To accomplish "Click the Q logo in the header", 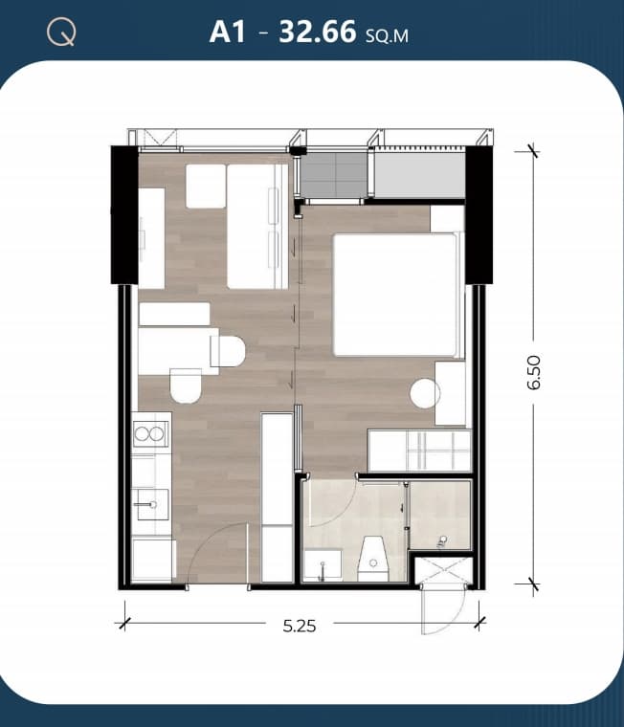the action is click(61, 33).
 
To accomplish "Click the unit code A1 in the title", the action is click(228, 32).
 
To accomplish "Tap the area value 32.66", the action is click(318, 32).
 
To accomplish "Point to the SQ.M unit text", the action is click(387, 35).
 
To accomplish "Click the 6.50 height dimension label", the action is click(534, 372).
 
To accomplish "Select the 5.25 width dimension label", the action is click(300, 627).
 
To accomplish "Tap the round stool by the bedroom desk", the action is click(425, 394).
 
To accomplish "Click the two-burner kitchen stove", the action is click(149, 434).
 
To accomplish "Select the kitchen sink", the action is click(150, 504).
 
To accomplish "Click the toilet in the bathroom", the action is click(373, 559).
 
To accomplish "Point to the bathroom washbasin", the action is click(323, 564).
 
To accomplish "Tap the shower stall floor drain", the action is click(442, 540).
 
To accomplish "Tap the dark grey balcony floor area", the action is click(334, 175).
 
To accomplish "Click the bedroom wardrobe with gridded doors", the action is click(419, 451).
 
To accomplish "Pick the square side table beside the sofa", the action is click(206, 186).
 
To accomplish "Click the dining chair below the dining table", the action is click(186, 386).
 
